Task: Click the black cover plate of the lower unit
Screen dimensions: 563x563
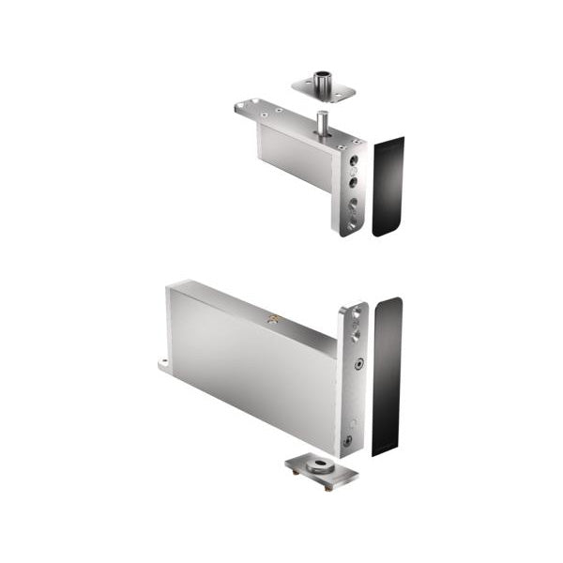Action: tap(387, 375)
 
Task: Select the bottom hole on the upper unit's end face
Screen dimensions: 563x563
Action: tap(353, 223)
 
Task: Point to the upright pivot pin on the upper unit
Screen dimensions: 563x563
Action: tap(322, 123)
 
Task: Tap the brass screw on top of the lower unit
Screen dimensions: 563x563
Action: tap(273, 320)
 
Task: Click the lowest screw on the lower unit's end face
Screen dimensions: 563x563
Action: tap(347, 439)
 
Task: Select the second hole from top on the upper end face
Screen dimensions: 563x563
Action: tap(354, 175)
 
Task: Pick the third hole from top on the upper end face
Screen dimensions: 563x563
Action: tap(354, 201)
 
